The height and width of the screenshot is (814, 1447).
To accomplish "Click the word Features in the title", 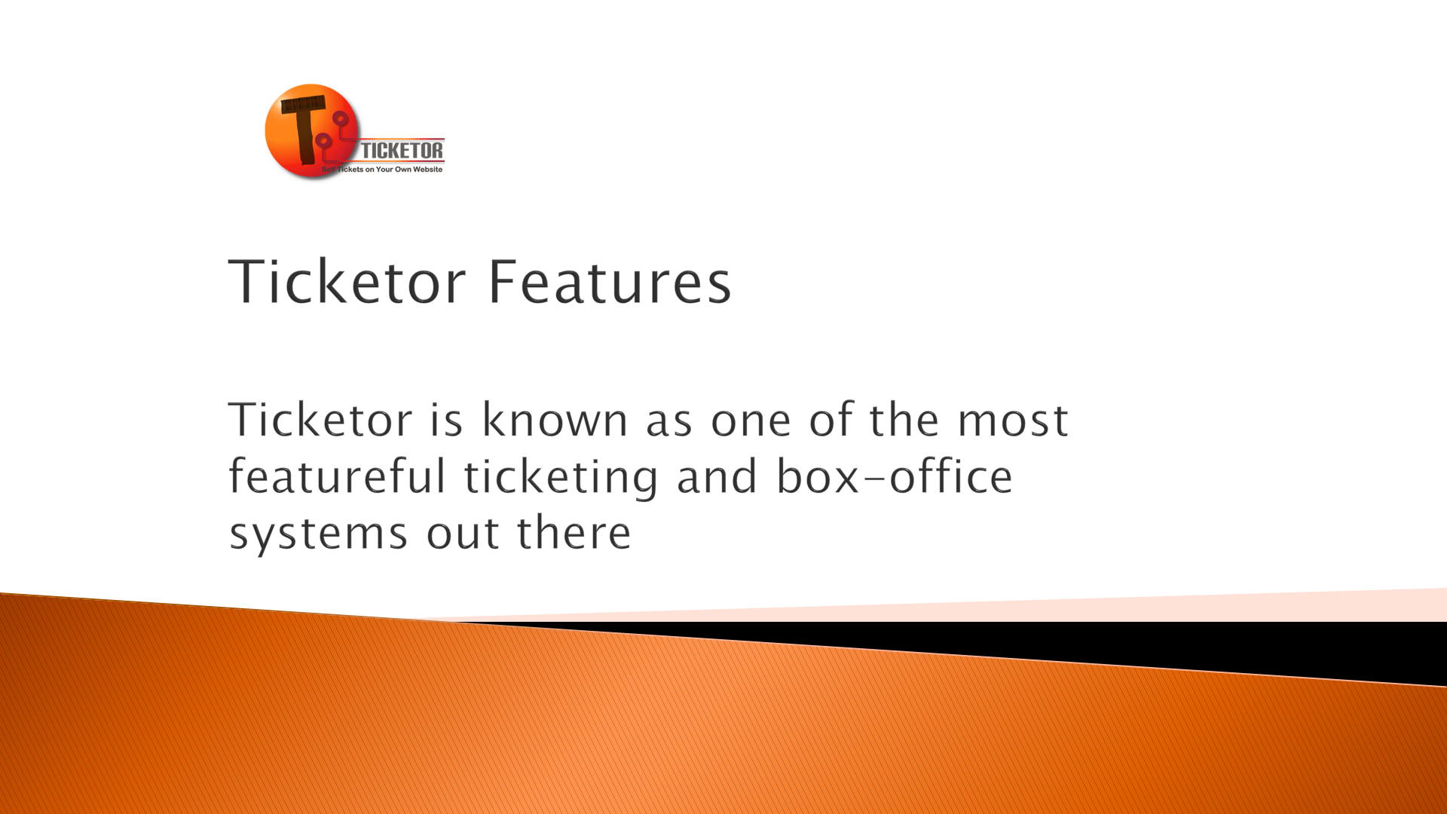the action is pos(610,281).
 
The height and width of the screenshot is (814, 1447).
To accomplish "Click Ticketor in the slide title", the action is pos(347,281).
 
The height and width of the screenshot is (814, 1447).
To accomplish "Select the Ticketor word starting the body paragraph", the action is pos(320,419).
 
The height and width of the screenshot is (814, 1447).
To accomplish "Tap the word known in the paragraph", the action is pos(555,419).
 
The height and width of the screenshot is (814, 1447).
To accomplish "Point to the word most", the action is pos(1013,421).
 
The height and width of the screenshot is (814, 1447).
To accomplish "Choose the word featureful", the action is pos(337,476).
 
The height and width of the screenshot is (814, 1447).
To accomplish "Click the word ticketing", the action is pos(561,478).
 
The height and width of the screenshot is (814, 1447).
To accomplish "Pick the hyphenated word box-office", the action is pos(895,476).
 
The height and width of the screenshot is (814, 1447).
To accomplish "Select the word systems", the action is pos(319,534).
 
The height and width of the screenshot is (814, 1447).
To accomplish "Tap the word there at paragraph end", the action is pos(574,533).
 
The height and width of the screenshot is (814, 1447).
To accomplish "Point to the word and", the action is pos(717,476).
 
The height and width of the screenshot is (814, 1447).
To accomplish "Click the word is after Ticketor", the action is pos(446,420).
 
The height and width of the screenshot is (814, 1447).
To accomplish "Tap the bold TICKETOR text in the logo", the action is pos(402,151).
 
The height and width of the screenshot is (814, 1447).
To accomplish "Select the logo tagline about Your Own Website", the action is pos(382,170).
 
